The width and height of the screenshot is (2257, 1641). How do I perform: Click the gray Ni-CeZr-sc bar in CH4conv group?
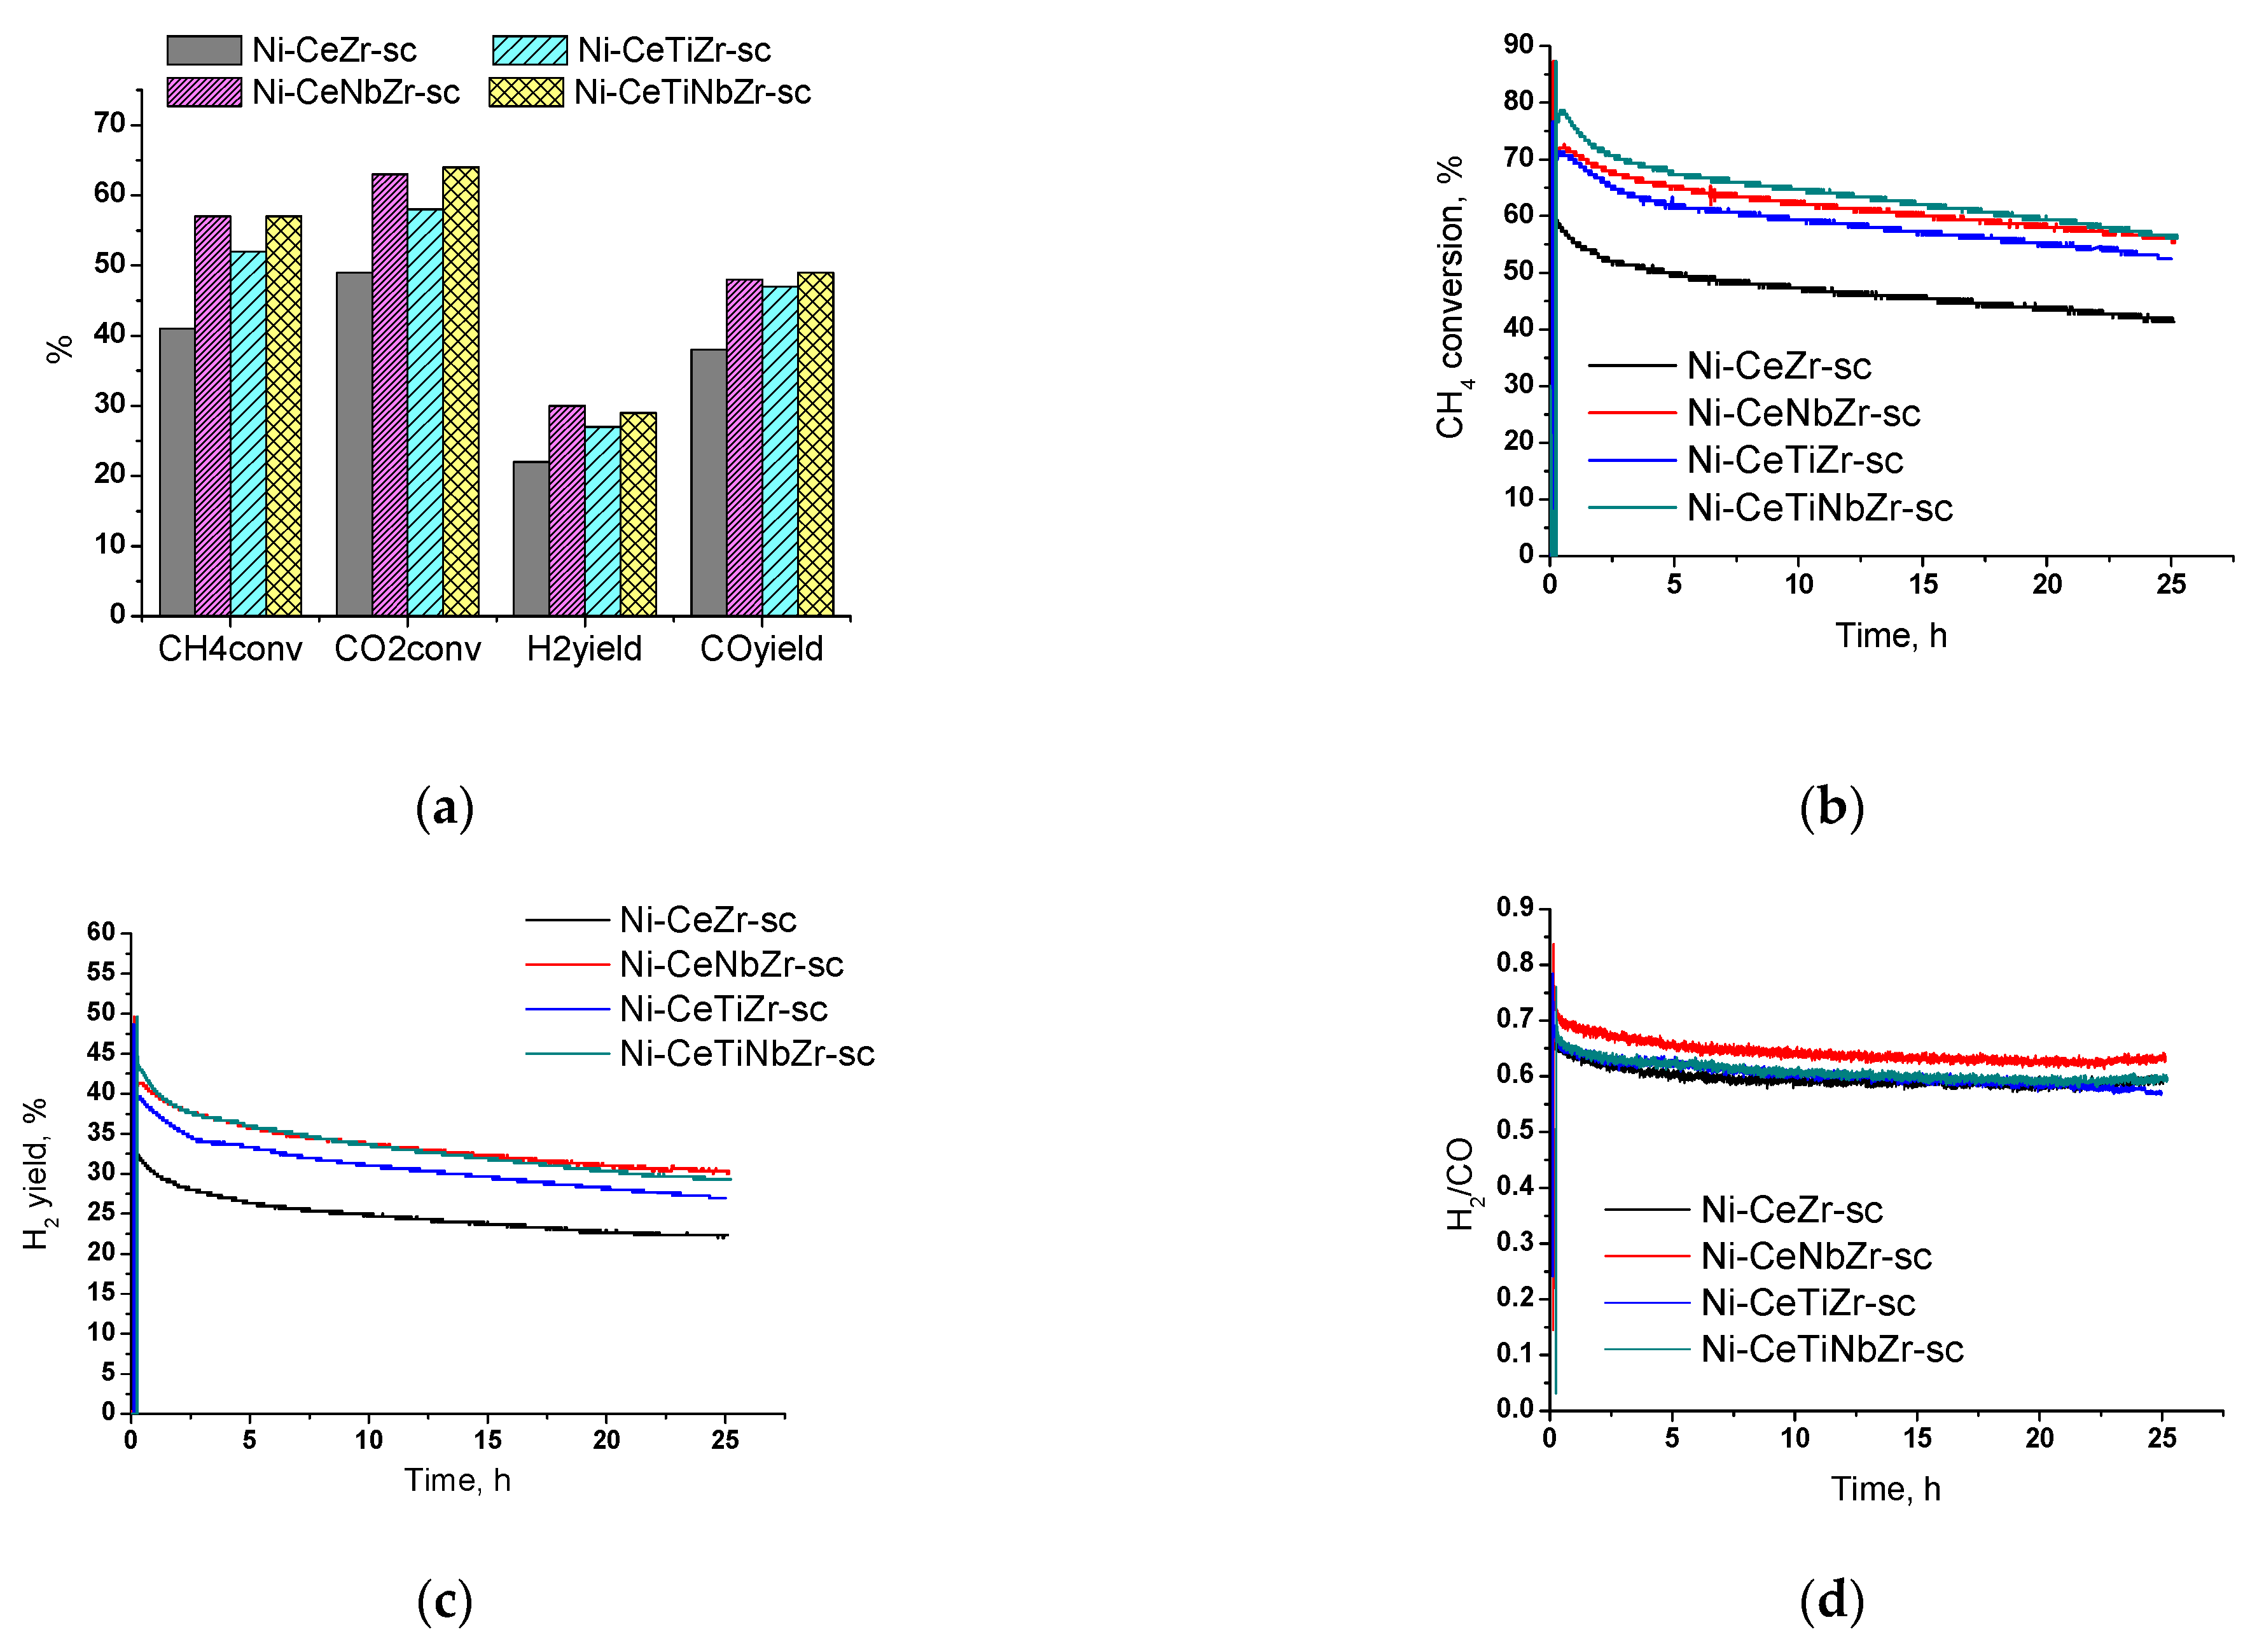[177, 473]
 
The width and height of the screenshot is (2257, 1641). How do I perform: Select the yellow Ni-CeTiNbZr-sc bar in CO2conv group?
[461, 393]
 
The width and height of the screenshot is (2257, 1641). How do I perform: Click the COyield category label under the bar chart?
[761, 649]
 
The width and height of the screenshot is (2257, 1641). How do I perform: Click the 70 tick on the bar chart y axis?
[109, 124]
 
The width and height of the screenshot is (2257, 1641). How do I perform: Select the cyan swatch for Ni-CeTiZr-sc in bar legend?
[529, 50]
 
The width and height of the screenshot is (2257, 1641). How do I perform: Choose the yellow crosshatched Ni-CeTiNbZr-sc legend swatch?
[527, 92]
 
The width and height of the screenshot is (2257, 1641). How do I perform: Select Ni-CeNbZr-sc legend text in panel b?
[1803, 413]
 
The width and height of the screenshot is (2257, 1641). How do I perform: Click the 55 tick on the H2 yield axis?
[102, 972]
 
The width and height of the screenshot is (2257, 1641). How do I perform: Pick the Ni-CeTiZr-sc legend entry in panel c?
[723, 1009]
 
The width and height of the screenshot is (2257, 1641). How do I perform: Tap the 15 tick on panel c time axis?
[488, 1440]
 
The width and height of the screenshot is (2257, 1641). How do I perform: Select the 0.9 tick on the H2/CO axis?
[1515, 907]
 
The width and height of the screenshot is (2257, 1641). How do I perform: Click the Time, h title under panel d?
[1885, 1489]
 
